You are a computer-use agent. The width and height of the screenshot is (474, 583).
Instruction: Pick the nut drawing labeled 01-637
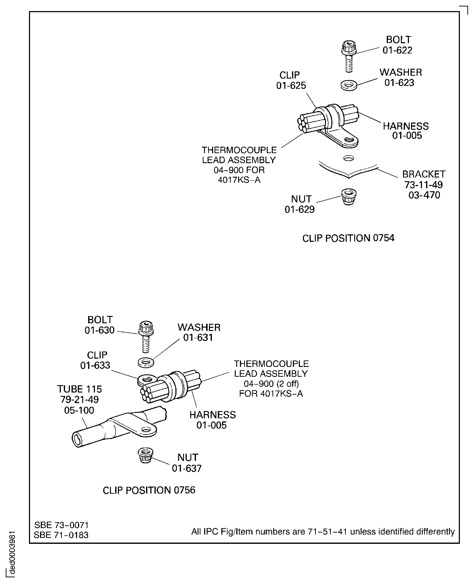point(145,455)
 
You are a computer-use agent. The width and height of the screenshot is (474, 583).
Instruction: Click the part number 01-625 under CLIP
point(291,86)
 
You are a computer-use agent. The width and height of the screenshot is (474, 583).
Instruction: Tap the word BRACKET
point(424,174)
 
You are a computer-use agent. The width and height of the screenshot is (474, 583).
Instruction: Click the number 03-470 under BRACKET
point(424,195)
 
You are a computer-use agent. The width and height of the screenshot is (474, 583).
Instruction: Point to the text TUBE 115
point(79,389)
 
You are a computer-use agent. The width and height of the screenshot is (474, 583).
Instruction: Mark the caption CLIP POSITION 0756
point(149,490)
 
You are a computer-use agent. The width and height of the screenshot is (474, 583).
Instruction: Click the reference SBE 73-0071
point(62,525)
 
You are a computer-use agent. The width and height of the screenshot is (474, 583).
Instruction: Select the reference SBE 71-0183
point(61,535)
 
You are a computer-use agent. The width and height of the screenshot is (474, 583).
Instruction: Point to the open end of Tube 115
point(77,439)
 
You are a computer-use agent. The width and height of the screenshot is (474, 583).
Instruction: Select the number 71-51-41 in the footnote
point(327,532)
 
